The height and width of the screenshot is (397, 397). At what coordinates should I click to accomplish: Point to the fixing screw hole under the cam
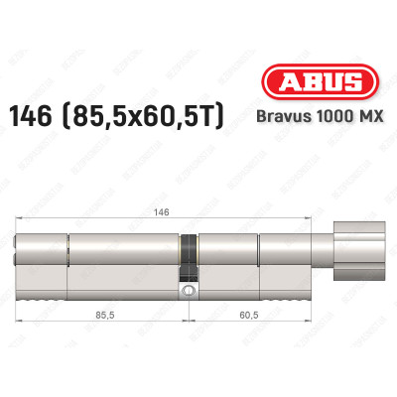188,291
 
